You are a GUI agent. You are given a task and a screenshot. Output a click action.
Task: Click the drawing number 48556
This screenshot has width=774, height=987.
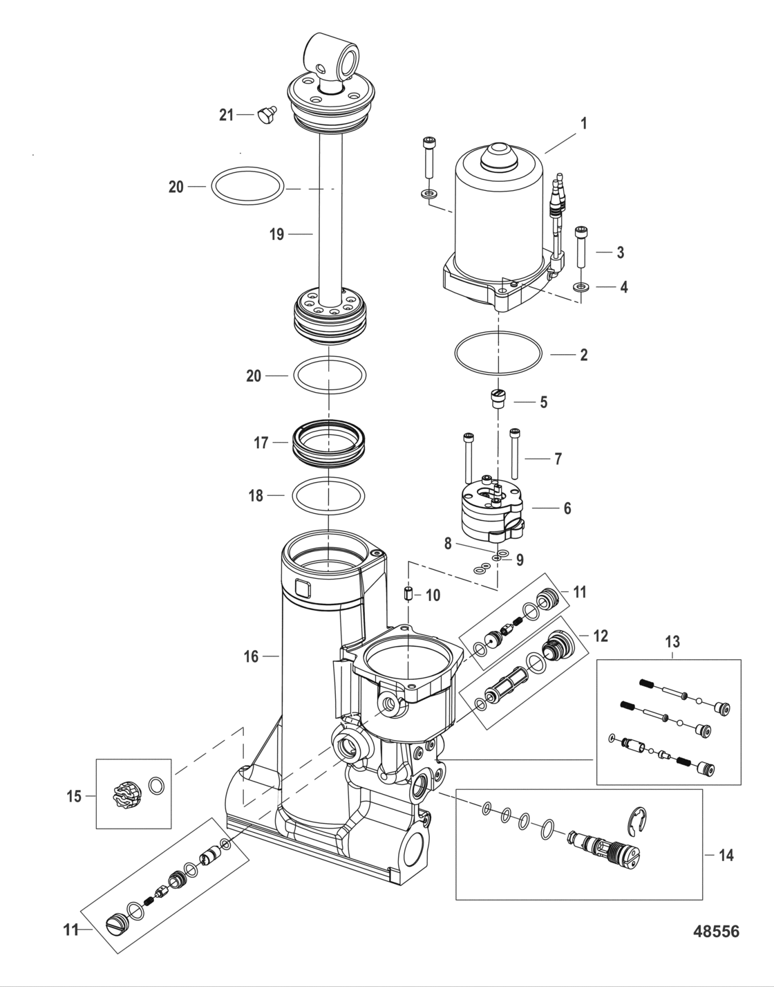point(715,932)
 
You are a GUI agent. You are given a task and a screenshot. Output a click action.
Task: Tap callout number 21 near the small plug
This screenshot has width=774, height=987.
point(227,116)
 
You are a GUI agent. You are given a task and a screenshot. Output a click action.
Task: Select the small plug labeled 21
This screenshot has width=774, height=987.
point(264,115)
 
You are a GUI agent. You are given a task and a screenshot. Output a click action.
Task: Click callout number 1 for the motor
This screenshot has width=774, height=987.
point(583,124)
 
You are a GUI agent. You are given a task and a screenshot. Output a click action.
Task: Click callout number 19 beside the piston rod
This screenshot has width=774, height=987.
point(276,234)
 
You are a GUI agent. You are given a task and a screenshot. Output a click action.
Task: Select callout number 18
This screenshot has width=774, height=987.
point(256,495)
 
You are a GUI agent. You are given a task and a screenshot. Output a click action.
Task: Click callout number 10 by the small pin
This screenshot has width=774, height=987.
point(433,596)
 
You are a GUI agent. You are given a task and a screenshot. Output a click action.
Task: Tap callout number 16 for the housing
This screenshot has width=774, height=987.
point(251,656)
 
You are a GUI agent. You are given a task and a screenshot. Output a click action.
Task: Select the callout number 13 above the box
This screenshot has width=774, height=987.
point(672,642)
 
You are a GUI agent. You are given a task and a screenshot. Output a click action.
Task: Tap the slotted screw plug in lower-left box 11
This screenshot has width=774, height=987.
point(117,922)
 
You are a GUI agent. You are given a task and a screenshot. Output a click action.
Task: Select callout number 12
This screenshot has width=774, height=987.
point(601,635)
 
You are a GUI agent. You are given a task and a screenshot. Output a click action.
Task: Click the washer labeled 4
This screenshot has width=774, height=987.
point(580,286)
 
